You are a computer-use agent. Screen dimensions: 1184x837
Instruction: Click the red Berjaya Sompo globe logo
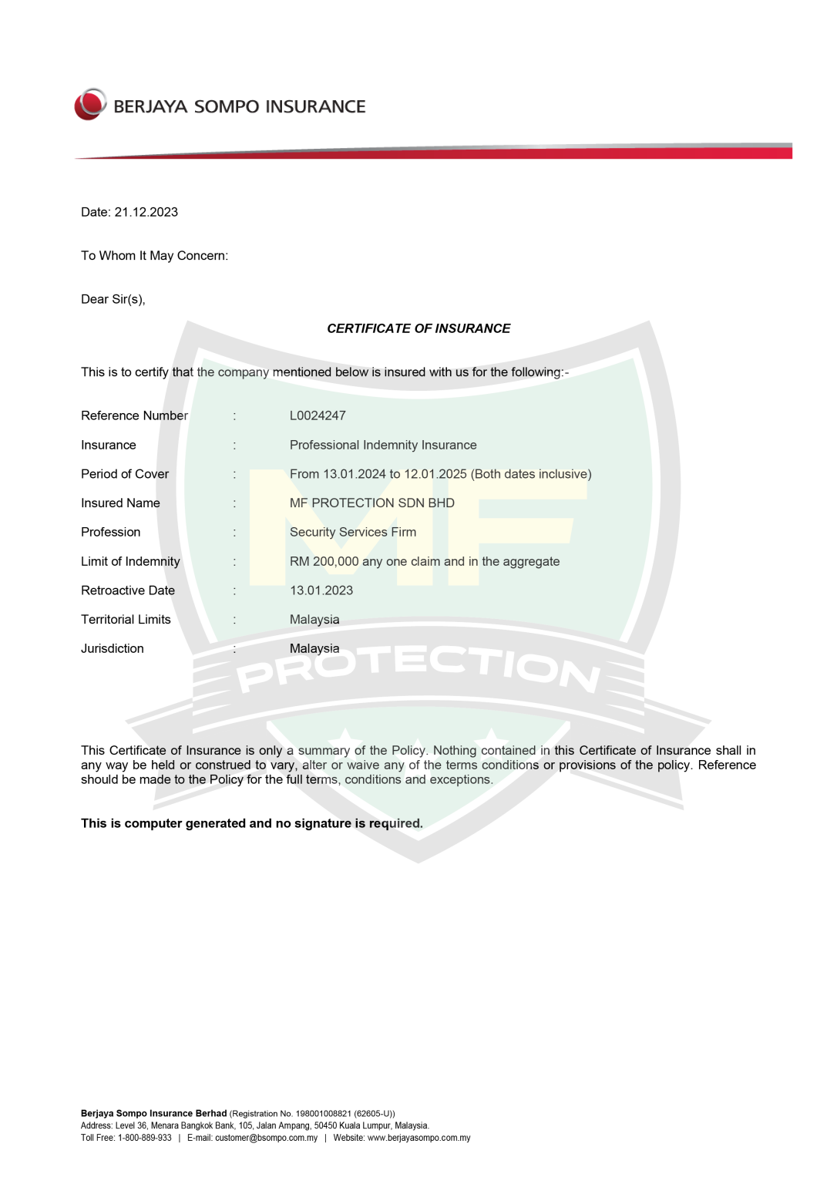pyautogui.click(x=90, y=105)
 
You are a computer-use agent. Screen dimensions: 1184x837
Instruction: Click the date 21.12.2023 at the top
pyautogui.click(x=146, y=212)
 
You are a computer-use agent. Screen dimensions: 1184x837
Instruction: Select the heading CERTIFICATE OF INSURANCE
pyautogui.click(x=418, y=328)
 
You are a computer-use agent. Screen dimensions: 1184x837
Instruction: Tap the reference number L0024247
pyautogui.click(x=318, y=415)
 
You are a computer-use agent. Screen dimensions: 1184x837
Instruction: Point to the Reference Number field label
pyautogui.click(x=134, y=415)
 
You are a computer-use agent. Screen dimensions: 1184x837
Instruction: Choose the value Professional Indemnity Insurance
pyautogui.click(x=383, y=445)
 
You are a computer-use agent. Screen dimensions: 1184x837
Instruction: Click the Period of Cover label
pyautogui.click(x=125, y=474)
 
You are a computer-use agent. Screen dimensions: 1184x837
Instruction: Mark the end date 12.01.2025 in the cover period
pyautogui.click(x=435, y=474)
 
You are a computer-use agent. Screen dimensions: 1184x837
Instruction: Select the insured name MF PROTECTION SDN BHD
pyautogui.click(x=372, y=503)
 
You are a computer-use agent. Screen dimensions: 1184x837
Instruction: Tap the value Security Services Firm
pyautogui.click(x=353, y=532)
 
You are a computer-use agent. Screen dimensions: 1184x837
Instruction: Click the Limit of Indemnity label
pyautogui.click(x=130, y=561)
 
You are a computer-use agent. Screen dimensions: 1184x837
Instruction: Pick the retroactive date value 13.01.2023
pyautogui.click(x=321, y=590)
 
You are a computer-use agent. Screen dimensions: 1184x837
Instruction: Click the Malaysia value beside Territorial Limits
pyautogui.click(x=314, y=620)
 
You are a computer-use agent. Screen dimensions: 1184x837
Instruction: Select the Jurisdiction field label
pyautogui.click(x=113, y=649)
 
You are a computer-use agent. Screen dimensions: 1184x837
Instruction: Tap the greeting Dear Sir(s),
pyautogui.click(x=113, y=299)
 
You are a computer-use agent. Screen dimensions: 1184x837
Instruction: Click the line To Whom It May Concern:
pyautogui.click(x=154, y=256)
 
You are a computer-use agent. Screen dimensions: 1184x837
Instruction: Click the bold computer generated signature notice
pyautogui.click(x=252, y=823)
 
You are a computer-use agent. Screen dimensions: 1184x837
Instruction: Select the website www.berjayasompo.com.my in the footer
pyautogui.click(x=418, y=1138)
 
